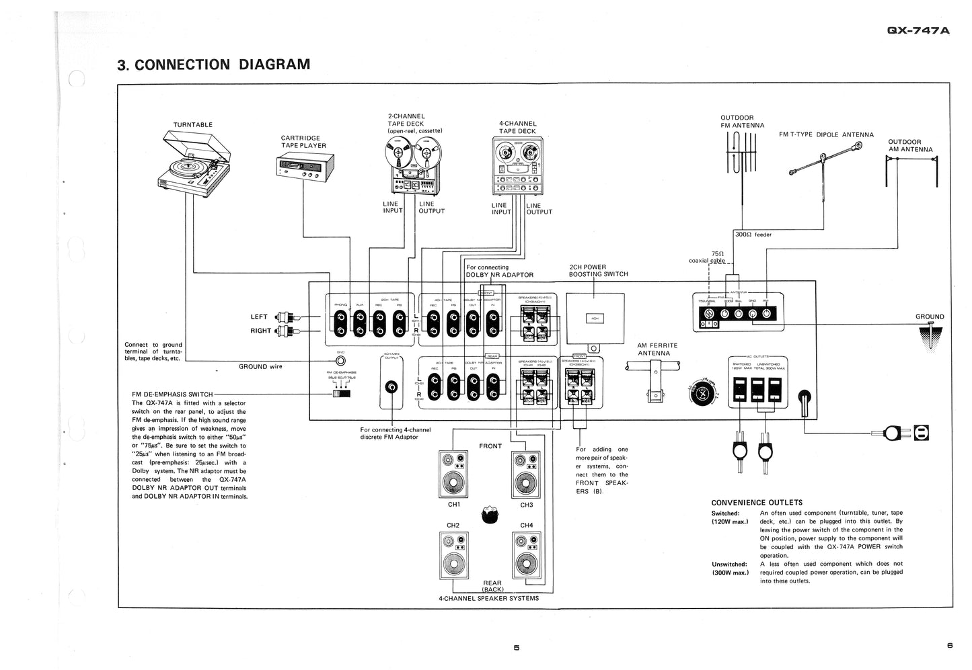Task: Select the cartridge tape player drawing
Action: (x=306, y=165)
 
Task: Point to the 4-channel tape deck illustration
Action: (x=517, y=165)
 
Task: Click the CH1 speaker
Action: (x=454, y=474)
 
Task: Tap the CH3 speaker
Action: (x=526, y=474)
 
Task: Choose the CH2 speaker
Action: (x=454, y=554)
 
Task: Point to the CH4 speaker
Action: (x=526, y=554)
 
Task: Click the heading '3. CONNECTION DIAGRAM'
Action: (x=213, y=65)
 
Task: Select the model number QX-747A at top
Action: (x=918, y=30)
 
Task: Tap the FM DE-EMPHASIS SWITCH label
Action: (x=172, y=394)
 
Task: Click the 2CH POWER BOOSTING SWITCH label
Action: (x=598, y=271)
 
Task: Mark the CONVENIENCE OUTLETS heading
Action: (x=757, y=503)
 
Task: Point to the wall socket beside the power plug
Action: (x=922, y=433)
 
